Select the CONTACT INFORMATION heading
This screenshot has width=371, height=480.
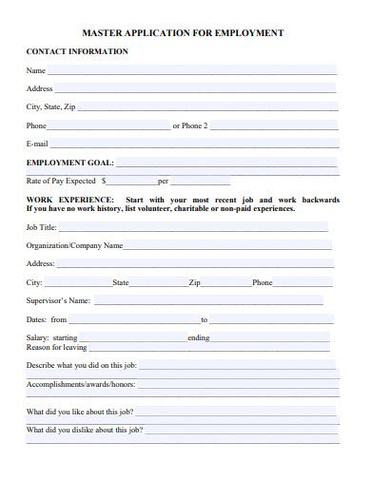(x=77, y=51)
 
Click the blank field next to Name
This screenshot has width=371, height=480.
(x=190, y=71)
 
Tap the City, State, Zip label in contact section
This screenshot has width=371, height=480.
(x=51, y=107)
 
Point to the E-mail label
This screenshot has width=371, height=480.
(x=38, y=144)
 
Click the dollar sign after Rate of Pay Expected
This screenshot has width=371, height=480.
(x=104, y=181)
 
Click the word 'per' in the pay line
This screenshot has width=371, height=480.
(x=163, y=181)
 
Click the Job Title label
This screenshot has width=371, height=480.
(x=43, y=228)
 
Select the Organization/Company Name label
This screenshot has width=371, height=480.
(x=75, y=246)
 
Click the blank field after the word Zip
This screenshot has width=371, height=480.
(x=225, y=283)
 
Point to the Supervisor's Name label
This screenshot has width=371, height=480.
(x=59, y=301)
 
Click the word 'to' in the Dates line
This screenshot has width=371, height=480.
(x=204, y=320)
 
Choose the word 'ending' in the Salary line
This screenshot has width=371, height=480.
(x=199, y=338)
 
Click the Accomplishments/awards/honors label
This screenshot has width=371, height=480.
(x=82, y=385)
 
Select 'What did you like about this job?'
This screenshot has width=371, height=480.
(x=80, y=413)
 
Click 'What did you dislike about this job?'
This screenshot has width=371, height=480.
(x=85, y=431)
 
